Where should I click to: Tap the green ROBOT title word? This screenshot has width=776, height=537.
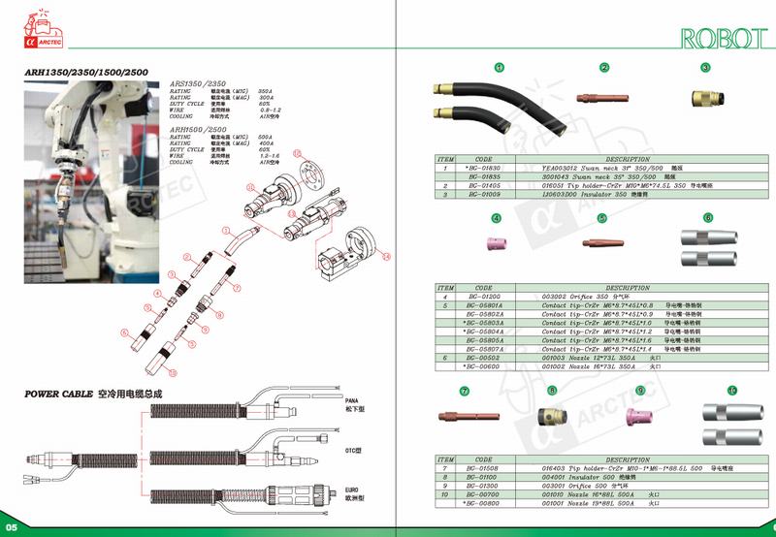(x=719, y=38)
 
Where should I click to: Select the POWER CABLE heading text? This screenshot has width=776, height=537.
(x=57, y=395)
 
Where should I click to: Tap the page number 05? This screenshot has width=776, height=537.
(x=12, y=526)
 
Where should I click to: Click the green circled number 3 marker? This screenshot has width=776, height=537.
(x=705, y=67)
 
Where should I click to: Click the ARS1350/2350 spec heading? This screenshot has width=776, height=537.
(x=199, y=84)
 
